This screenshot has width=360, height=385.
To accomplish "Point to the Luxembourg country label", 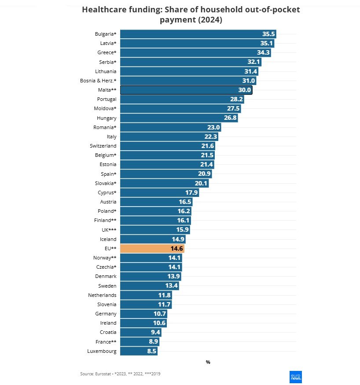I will pos(102,351).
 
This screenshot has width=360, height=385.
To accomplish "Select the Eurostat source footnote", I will pos(123,374).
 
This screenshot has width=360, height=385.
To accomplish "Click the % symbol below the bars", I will pos(208,362).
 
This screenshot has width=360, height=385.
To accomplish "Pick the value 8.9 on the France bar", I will pos(153,342).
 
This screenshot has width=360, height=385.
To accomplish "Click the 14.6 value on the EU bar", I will pos(177,248).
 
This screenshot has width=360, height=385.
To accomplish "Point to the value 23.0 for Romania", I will pos(213,127).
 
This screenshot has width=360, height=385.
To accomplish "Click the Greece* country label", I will pos(107,52).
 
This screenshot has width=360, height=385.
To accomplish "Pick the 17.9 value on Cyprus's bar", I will pos(191,192).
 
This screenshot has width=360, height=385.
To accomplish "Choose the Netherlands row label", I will pos(102,295).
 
